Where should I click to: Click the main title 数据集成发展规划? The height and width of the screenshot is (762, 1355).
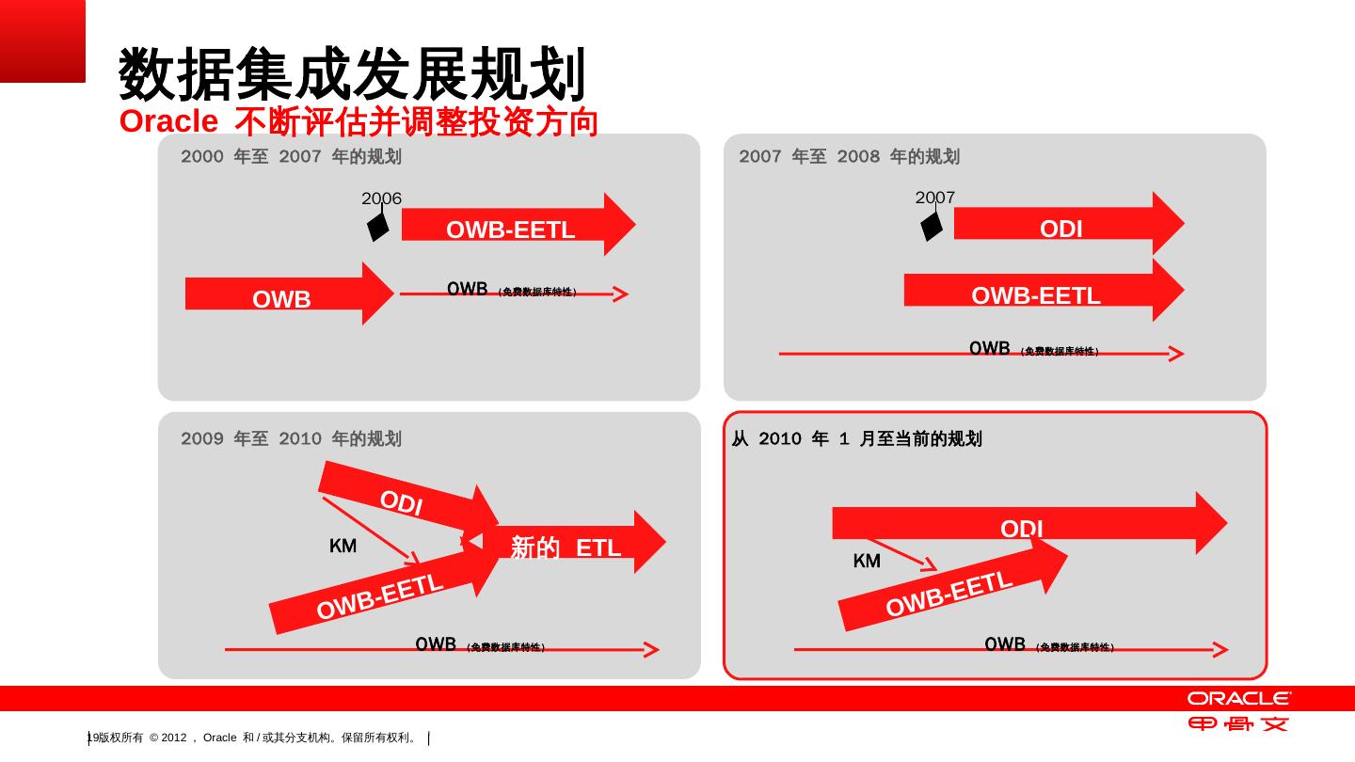[x=353, y=74]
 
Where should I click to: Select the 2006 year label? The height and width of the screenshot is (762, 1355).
[x=381, y=198]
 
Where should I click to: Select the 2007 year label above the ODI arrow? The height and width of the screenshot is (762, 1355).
[x=934, y=197]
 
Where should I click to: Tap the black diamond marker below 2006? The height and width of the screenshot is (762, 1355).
[x=377, y=227]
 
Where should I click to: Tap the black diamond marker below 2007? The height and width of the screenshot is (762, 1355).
[x=931, y=226]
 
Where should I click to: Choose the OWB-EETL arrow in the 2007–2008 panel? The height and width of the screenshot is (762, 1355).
[x=1036, y=294]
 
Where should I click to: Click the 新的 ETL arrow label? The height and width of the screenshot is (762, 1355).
[x=566, y=547]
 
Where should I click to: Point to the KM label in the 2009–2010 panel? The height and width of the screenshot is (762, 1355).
[x=343, y=546]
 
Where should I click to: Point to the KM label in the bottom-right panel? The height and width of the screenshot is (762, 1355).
[x=867, y=561]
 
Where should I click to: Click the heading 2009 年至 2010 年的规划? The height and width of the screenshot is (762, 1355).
[x=291, y=438]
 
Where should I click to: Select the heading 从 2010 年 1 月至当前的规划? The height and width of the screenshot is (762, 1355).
[x=856, y=438]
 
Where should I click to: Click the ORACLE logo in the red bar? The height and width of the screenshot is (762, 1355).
[x=1238, y=698]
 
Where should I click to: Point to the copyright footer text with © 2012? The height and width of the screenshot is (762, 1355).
[x=254, y=738]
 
